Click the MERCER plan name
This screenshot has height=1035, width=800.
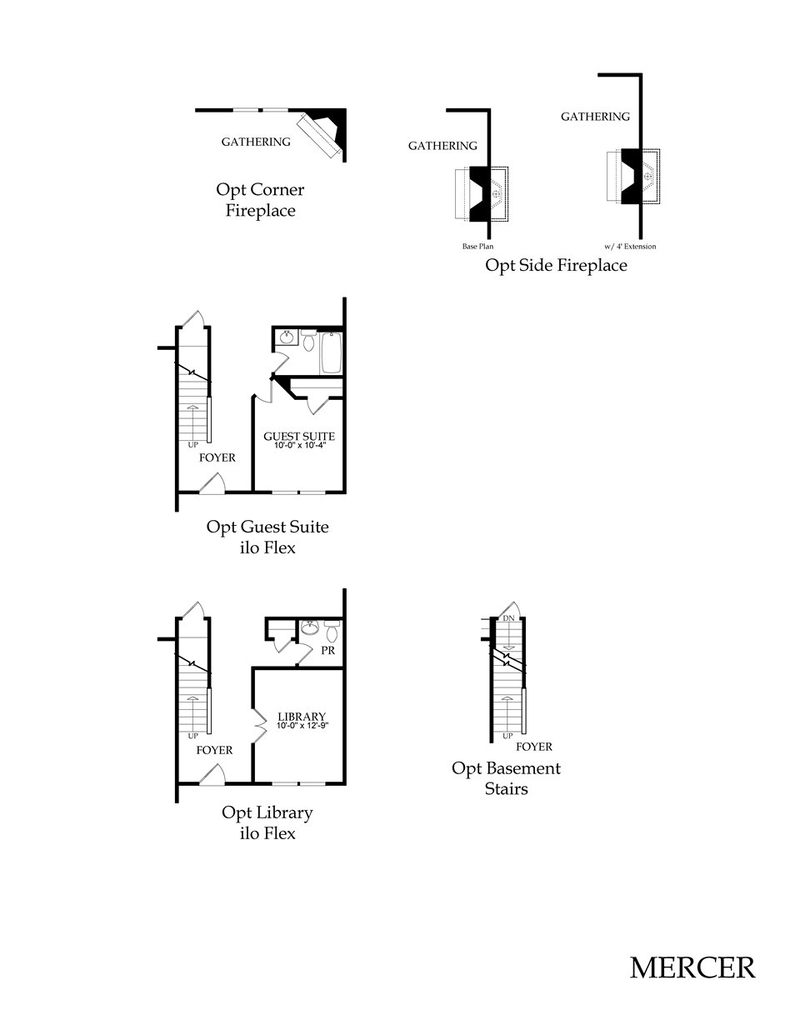click(692, 967)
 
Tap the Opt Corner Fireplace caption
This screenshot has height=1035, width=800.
click(260, 200)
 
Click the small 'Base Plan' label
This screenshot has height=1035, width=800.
click(478, 247)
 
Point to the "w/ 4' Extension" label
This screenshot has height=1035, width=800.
click(630, 247)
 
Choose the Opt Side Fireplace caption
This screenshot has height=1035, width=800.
click(556, 266)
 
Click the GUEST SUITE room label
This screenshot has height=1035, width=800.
click(299, 436)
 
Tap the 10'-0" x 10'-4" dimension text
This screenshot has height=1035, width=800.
click(299, 446)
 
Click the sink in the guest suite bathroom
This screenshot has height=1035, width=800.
click(287, 337)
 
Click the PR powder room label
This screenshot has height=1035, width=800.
click(327, 650)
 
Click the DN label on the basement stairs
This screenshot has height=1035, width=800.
click(508, 619)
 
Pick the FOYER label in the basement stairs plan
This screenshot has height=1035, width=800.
click(533, 747)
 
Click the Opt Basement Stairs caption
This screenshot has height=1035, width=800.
click(506, 777)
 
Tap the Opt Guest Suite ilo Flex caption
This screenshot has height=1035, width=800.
click(267, 537)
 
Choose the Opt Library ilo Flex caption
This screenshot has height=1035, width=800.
click(267, 822)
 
